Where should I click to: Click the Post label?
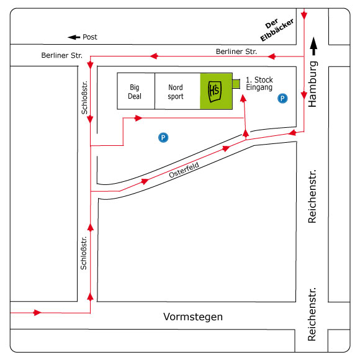click(x=90, y=37)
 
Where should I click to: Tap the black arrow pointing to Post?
click(x=74, y=37)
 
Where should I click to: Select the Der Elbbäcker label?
click(x=276, y=29)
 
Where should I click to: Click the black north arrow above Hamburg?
click(x=313, y=46)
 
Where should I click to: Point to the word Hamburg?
click(x=312, y=84)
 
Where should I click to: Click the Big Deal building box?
click(x=136, y=91)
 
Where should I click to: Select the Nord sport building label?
click(x=176, y=92)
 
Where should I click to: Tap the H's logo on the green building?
click(x=215, y=91)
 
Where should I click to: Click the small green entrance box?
click(x=236, y=84)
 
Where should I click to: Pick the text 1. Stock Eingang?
click(x=259, y=84)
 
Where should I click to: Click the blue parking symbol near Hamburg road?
click(x=282, y=99)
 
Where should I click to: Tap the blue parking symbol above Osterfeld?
click(x=163, y=138)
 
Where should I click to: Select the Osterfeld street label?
click(x=184, y=170)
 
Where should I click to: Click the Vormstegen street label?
click(x=193, y=317)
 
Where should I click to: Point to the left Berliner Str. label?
click(x=62, y=55)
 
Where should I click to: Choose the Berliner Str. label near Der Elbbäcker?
click(x=236, y=52)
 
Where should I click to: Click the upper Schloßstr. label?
click(x=84, y=97)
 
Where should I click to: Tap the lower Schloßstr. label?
click(x=84, y=253)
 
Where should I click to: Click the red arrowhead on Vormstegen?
click(x=37, y=312)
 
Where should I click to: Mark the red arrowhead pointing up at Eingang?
click(x=243, y=98)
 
